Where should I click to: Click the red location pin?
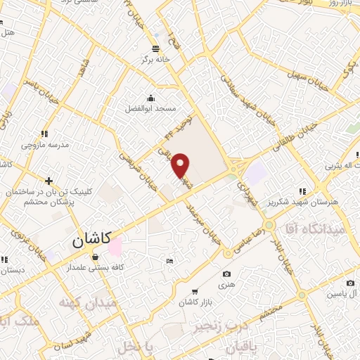click(x=181, y=165)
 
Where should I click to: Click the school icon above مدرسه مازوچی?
click(x=44, y=133)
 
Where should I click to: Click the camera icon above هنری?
click(x=226, y=274)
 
